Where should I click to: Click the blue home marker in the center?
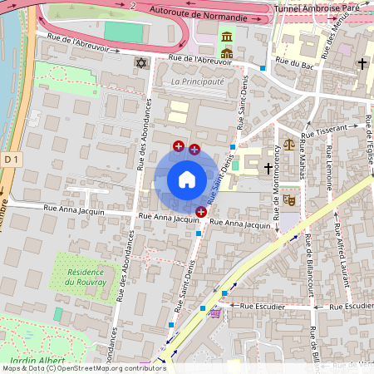click(x=187, y=179)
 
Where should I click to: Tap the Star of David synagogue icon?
click(x=140, y=63)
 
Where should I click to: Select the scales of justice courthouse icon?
click(x=288, y=145)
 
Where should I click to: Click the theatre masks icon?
click(x=288, y=199)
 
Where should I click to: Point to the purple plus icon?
click(x=194, y=150)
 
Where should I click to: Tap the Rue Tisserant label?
click(x=325, y=130)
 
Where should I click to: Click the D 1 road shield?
click(x=10, y=158)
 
